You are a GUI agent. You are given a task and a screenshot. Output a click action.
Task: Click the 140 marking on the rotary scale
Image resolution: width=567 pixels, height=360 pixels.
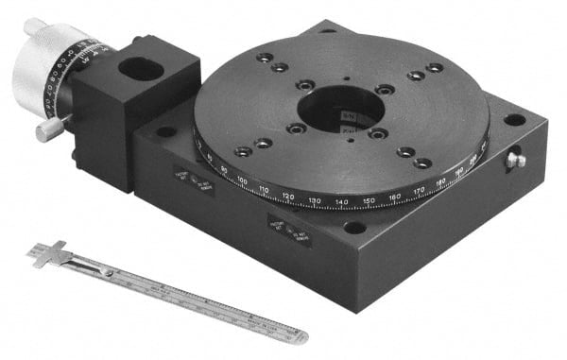(341, 202)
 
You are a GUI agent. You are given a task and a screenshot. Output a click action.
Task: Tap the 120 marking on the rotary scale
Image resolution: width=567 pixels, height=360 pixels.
(288, 197)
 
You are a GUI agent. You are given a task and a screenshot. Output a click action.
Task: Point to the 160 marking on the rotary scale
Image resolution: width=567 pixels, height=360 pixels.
(394, 197)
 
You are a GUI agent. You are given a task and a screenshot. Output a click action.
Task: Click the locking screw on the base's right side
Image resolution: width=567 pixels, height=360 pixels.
(515, 160)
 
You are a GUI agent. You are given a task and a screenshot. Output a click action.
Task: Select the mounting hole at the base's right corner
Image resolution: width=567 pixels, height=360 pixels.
(513, 120)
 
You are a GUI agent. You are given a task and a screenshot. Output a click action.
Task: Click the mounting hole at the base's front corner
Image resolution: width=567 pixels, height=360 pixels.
(353, 228)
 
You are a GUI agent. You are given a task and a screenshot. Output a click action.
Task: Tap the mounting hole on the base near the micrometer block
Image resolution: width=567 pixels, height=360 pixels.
(165, 131)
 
